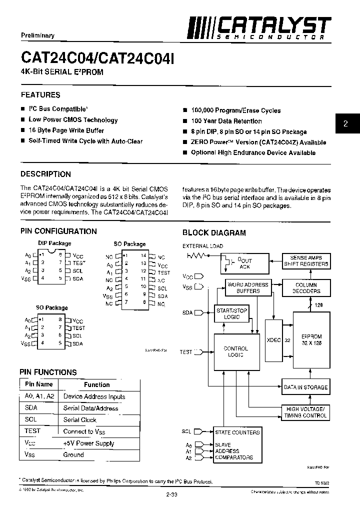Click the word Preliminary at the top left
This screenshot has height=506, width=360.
click(37, 35)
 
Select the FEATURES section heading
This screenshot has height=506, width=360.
click(40, 94)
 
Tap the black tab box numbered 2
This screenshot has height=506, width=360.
click(345, 123)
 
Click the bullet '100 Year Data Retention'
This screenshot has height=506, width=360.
click(226, 121)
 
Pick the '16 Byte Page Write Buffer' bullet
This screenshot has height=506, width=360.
click(66, 130)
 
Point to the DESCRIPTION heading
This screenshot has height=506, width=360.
click(45, 174)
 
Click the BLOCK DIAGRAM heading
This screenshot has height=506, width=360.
click(214, 232)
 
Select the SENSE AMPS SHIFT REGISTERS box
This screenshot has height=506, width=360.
click(306, 260)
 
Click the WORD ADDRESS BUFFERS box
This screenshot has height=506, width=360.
click(248, 287)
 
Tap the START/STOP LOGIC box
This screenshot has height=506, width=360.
click(231, 313)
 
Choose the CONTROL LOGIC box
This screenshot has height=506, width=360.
click(235, 351)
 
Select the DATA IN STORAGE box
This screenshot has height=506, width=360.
click(305, 387)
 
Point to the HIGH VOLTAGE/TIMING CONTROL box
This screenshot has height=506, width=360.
click(305, 412)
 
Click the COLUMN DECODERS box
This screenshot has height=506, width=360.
click(306, 288)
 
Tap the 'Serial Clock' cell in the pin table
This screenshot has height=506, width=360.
click(80, 420)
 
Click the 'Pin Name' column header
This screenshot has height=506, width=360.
click(38, 384)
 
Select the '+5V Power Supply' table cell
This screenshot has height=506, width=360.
click(88, 443)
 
